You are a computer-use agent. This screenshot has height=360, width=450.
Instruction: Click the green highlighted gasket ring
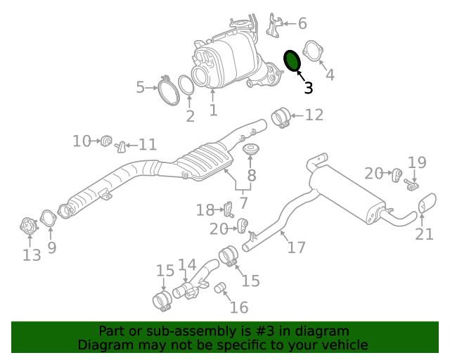click(292, 61)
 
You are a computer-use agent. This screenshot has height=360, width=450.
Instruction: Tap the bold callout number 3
click(308, 88)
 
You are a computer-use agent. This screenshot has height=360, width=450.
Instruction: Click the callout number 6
click(302, 23)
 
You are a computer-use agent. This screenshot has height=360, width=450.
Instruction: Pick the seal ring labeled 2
click(186, 86)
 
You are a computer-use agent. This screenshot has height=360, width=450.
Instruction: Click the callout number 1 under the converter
click(213, 110)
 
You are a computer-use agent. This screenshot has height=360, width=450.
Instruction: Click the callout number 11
click(147, 145)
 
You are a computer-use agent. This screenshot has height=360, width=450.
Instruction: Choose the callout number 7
click(244, 203)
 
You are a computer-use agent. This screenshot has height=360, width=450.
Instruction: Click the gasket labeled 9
click(48, 220)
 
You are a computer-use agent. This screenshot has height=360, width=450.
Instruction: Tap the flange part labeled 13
click(28, 227)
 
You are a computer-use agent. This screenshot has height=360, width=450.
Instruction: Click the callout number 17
click(296, 247)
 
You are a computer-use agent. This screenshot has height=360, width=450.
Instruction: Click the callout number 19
click(417, 163)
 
